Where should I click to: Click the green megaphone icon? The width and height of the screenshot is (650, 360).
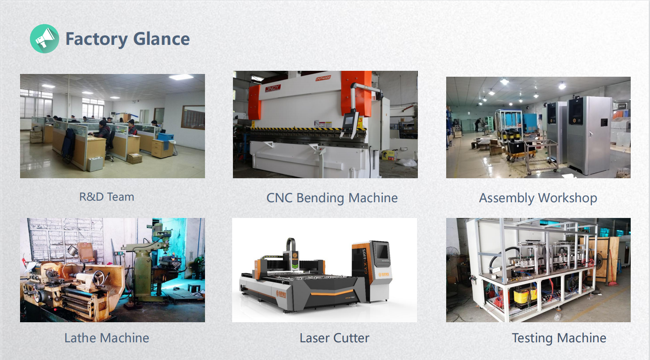(44, 39)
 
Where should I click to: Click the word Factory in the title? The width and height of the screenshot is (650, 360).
(97, 39)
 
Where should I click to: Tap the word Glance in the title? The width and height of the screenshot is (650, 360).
(161, 39)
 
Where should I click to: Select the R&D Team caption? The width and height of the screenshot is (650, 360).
(107, 197)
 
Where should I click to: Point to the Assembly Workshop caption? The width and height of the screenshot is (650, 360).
(538, 198)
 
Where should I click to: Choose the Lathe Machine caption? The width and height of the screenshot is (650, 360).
(107, 338)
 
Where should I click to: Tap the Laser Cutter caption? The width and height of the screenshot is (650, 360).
(334, 338)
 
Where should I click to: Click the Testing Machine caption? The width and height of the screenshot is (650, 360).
(559, 338)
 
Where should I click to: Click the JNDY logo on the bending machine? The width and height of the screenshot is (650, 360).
(273, 88)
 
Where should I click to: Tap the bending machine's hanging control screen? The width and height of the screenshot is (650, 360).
(349, 122)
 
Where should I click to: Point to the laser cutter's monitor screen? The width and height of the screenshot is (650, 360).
(382, 251)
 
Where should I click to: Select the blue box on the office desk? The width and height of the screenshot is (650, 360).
(166, 137)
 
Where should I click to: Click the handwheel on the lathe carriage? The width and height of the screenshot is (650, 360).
(99, 277)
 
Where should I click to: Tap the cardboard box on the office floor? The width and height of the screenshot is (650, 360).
(134, 159)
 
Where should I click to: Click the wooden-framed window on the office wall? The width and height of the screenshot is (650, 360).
(193, 118)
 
